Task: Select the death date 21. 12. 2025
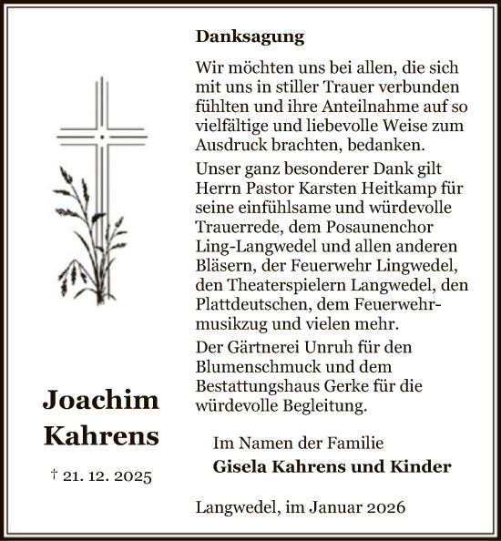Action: pos(108,475)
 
